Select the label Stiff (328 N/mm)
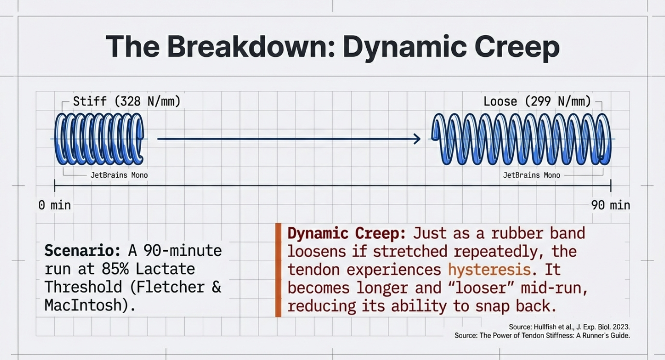pos(126,101)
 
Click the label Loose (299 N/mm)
pos(537,101)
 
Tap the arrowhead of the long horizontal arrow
pos(417,139)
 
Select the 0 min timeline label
pos(54,205)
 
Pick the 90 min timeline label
pos(610,205)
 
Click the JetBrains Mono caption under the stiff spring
pos(119,175)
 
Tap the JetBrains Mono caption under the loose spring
pos(531,175)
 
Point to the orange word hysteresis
pos(489,269)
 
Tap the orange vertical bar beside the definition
pos(278,270)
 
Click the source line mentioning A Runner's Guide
pos(542,336)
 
